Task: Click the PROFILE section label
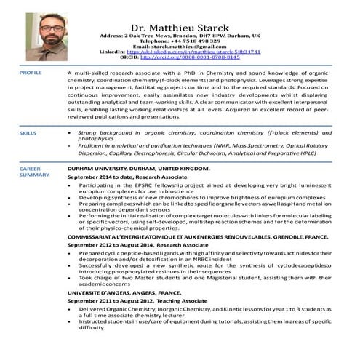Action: tap(31, 73)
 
